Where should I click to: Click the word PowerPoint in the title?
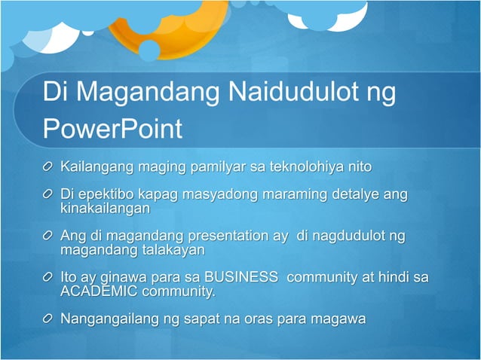click(112, 129)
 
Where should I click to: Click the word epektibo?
click(109, 195)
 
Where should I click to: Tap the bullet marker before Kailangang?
click(48, 166)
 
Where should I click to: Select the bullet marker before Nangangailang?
click(48, 319)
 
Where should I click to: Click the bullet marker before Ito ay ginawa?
click(48, 278)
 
